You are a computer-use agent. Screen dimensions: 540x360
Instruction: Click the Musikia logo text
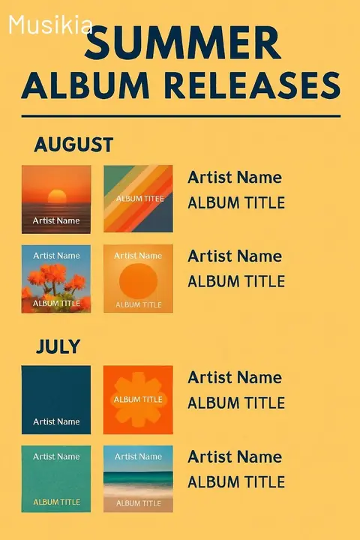[x=50, y=26]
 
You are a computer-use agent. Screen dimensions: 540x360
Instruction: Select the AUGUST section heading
[x=73, y=144]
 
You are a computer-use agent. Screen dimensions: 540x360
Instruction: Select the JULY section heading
[x=58, y=346]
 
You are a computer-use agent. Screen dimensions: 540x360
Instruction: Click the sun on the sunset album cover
[x=57, y=196]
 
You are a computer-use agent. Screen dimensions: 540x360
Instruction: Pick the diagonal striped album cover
[x=138, y=199]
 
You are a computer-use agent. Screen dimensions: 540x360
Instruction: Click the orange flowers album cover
[x=56, y=279]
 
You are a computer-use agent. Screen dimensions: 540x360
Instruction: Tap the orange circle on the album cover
[x=138, y=280]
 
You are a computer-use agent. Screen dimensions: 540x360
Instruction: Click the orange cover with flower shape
[x=138, y=400]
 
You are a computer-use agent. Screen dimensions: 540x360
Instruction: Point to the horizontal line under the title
[x=181, y=116]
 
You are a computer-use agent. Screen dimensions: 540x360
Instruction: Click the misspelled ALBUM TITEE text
[x=139, y=199]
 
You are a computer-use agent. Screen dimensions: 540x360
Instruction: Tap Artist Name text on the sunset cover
[x=56, y=220]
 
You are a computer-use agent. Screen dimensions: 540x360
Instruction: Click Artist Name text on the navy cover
[x=56, y=421]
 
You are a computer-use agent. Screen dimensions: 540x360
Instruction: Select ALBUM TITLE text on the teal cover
[x=56, y=502]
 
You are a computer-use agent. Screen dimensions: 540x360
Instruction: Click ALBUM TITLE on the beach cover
[x=139, y=502]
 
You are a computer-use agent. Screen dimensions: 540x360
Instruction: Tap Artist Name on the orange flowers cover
[x=56, y=256]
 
